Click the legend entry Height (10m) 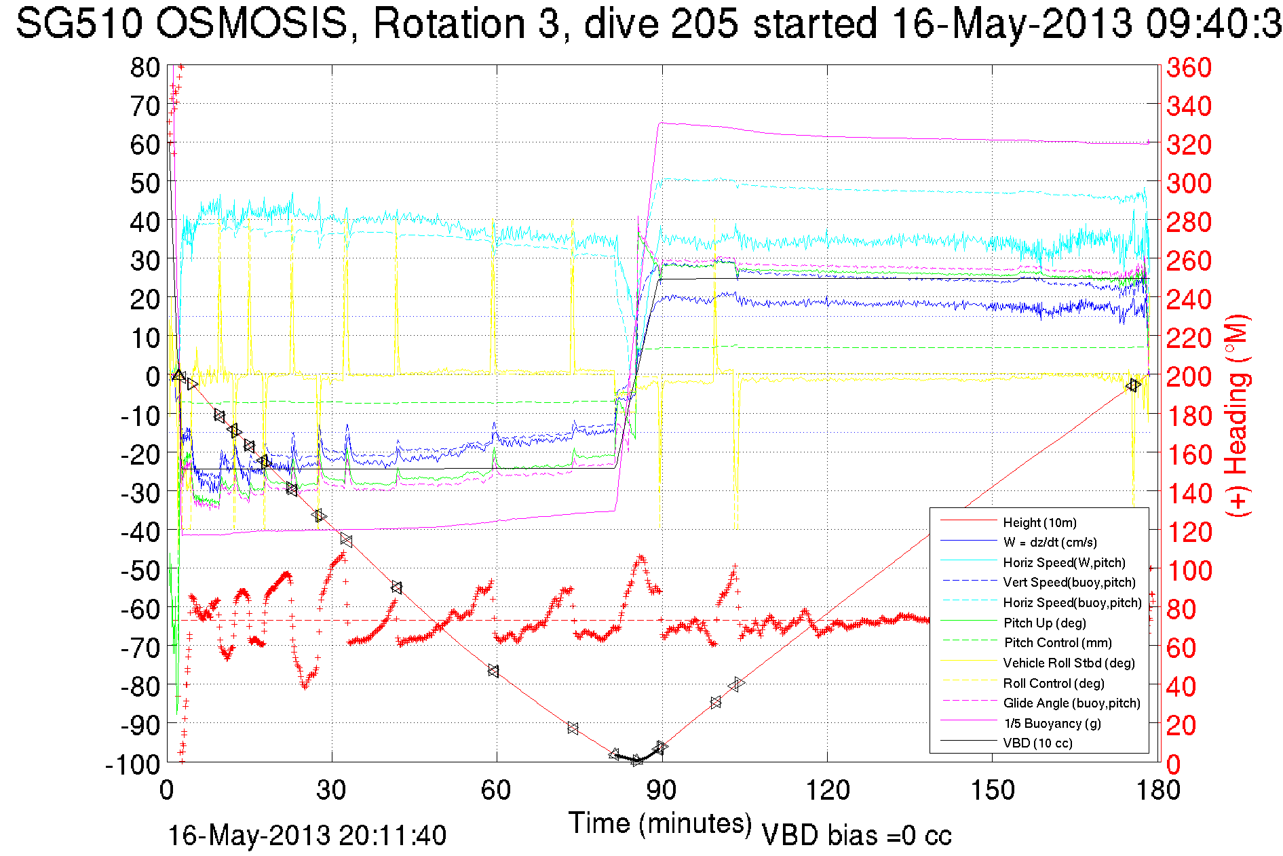point(1039,522)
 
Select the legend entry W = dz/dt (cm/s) point(1050,543)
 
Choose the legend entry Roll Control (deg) point(1053,683)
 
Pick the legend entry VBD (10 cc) point(1037,743)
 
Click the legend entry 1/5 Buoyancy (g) point(1052,723)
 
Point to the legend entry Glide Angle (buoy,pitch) point(1071,703)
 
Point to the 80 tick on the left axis point(145,67)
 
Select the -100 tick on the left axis point(133,764)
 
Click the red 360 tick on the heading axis point(1189,67)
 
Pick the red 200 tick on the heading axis point(1189,376)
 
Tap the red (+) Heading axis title point(1236,415)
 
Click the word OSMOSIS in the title point(251,24)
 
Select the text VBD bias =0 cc point(856,836)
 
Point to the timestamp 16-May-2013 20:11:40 point(307,836)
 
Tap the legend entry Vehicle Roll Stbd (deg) point(1069,663)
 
